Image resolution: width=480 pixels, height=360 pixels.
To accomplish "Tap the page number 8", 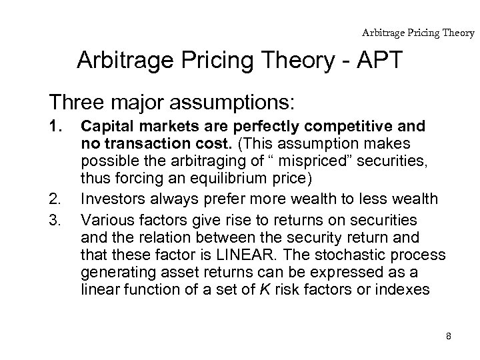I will point(449,337).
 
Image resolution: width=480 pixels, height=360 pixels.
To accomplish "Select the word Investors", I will point(111,199).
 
